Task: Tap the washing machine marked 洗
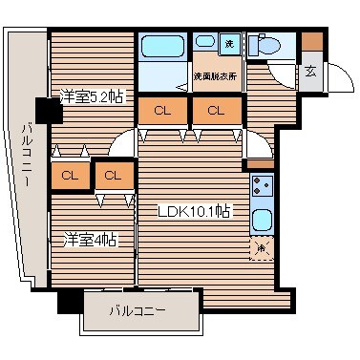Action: (230, 45)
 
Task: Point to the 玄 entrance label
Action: (311, 71)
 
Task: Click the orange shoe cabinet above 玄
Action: (311, 42)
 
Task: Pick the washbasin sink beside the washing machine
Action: (204, 43)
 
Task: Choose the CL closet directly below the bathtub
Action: (162, 111)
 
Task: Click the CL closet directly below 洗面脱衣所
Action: (216, 111)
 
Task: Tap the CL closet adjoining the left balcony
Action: (69, 175)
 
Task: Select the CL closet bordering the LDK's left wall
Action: (113, 175)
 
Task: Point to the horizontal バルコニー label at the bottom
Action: (137, 311)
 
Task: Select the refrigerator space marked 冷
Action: (261, 248)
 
